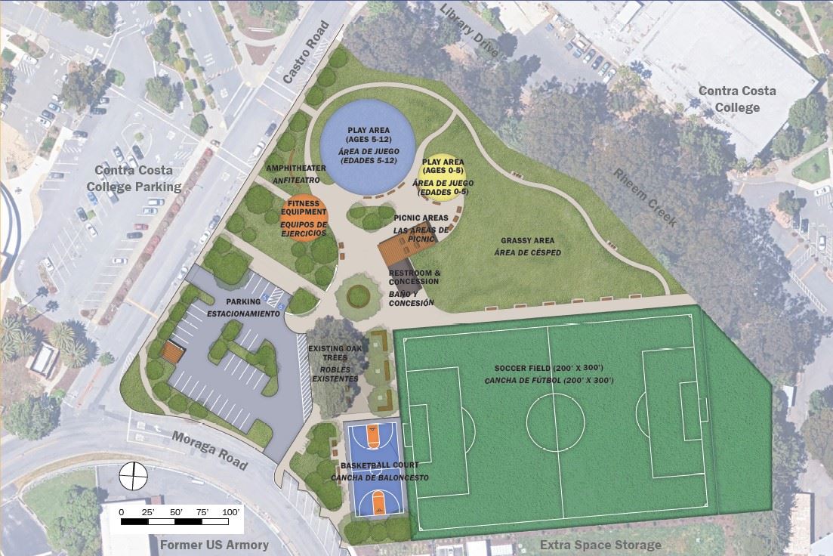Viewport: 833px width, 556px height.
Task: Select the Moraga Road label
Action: click(x=209, y=450)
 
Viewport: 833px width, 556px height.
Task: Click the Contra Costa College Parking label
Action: click(x=134, y=178)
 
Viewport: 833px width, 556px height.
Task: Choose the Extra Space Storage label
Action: click(x=601, y=545)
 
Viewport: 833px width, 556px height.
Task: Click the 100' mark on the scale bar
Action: click(x=228, y=513)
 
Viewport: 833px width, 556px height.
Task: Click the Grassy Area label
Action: click(x=528, y=242)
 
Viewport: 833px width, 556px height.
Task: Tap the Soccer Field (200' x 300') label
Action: click(x=549, y=368)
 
